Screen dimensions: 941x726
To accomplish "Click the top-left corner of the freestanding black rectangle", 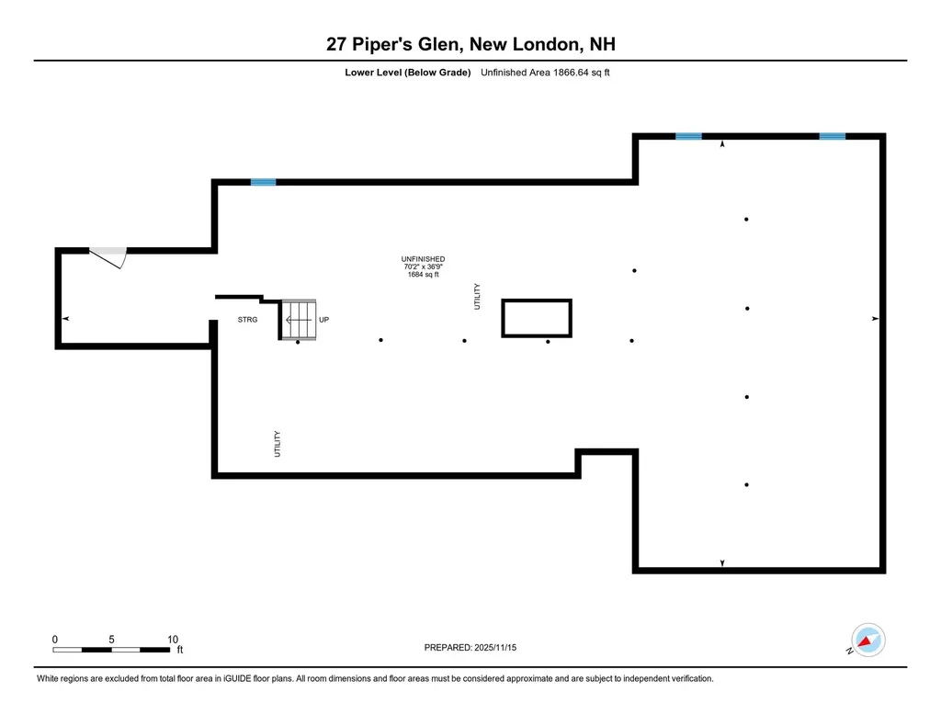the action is click(x=502, y=299).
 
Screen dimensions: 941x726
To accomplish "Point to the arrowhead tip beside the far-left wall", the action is click(x=62, y=319).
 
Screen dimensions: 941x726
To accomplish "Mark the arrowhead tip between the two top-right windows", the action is click(x=722, y=141).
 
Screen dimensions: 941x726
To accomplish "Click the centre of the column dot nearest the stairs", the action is click(x=298, y=342).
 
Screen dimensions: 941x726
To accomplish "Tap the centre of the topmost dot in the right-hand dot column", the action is click(x=746, y=219).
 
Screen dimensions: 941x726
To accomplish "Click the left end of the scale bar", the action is click(x=52, y=650).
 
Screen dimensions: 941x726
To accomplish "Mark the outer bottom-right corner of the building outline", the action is click(x=887, y=573).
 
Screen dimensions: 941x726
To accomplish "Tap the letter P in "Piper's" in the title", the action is click(x=357, y=44).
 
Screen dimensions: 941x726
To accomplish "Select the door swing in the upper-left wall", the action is click(x=108, y=257).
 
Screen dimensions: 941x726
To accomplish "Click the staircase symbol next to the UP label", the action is click(x=299, y=320).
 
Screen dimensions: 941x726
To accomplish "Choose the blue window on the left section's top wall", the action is click(x=263, y=182).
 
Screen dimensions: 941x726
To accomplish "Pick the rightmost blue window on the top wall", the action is click(x=833, y=136).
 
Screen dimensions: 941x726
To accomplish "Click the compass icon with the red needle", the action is click(x=867, y=640).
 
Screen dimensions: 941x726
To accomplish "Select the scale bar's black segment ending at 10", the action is click(x=155, y=650).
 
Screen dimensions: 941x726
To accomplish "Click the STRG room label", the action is click(x=247, y=320).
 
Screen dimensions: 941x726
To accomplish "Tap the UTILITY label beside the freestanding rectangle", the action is click(x=477, y=297).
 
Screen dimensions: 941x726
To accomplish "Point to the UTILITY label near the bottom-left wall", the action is click(x=278, y=444).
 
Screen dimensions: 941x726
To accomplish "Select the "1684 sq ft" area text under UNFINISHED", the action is click(x=423, y=275).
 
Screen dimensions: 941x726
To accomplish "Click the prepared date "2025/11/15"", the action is click(x=495, y=647).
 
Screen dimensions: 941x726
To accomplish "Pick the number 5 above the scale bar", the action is click(x=111, y=640).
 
